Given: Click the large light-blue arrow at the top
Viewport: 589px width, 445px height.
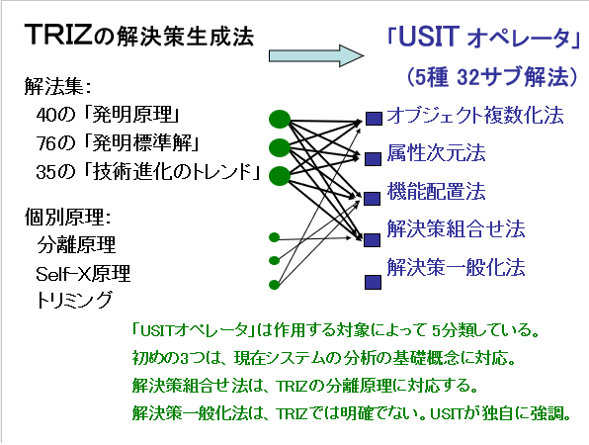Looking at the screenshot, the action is pyautogui.click(x=316, y=55).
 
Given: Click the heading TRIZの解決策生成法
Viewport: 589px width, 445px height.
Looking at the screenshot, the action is pyautogui.click(x=139, y=36).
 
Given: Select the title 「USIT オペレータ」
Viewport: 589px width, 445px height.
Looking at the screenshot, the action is pyautogui.click(x=484, y=38).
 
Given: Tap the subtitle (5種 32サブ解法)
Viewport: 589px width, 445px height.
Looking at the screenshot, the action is pyautogui.click(x=492, y=77).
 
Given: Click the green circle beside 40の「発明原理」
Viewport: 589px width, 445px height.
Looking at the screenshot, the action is pyautogui.click(x=280, y=120).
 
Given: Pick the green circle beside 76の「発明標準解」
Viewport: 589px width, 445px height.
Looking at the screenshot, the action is pyautogui.click(x=280, y=147).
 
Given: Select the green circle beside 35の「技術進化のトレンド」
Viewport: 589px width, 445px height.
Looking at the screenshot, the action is pyautogui.click(x=280, y=176).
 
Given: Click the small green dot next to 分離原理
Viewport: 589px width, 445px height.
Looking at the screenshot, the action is pyautogui.click(x=274, y=237).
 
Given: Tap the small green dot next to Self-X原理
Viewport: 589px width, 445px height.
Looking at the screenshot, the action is pyautogui.click(x=274, y=260).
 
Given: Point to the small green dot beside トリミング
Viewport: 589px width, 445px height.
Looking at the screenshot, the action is pyautogui.click(x=274, y=285).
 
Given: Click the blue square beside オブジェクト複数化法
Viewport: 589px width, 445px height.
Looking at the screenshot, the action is pyautogui.click(x=375, y=119).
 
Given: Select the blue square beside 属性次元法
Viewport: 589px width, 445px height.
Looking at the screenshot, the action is pyautogui.click(x=373, y=159).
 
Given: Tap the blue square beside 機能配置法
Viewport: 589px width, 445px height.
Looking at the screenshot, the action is pyautogui.click(x=372, y=199).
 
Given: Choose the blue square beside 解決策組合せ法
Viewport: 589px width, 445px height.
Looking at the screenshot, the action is pyautogui.click(x=372, y=240).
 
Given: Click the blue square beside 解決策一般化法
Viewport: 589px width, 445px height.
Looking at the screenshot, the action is pyautogui.click(x=373, y=282).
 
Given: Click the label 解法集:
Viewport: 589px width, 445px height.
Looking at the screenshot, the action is pyautogui.click(x=58, y=86).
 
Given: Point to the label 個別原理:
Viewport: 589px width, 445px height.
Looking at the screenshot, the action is pyautogui.click(x=68, y=217).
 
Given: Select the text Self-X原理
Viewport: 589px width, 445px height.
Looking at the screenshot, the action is pyautogui.click(x=83, y=273).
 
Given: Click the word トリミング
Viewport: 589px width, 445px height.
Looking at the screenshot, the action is pyautogui.click(x=74, y=300).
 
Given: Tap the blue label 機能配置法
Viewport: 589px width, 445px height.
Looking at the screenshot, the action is pyautogui.click(x=436, y=191).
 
